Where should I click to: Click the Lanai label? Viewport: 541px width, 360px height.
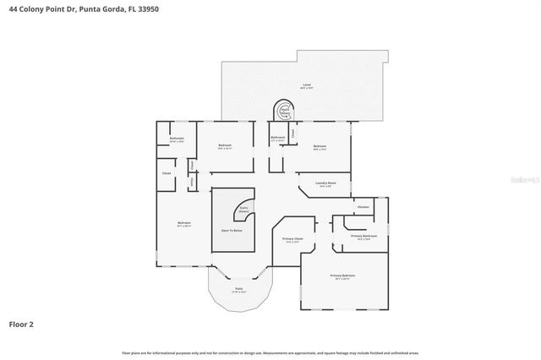[x=306, y=85]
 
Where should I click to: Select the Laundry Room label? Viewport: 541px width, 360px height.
[x=326, y=183]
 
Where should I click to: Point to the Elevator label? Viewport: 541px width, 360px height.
[x=363, y=207]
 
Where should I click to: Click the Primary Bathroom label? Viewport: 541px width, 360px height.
[x=363, y=237]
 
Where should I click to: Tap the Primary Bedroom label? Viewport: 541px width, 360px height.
[x=342, y=276]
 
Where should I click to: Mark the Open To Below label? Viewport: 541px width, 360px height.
[x=232, y=230]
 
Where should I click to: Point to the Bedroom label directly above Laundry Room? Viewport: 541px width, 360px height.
[x=319, y=146]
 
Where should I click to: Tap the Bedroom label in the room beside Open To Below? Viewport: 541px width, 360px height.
[x=183, y=225]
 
